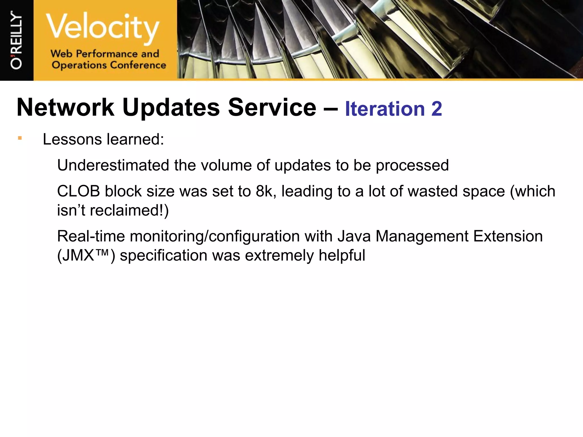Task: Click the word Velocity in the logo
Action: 102,27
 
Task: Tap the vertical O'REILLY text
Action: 16,40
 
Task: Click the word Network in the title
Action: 65,108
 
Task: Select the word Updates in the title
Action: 171,108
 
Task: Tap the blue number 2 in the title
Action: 436,109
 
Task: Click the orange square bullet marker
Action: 20,138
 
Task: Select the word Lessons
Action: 72,139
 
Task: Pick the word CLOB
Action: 79,191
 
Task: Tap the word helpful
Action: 342,255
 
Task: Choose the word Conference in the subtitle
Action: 138,65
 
